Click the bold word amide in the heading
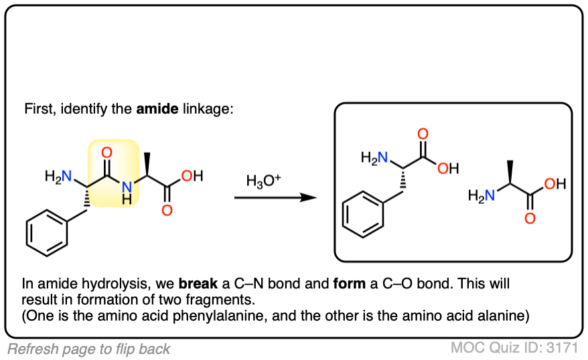coord(156,108)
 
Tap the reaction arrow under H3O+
coord(275,197)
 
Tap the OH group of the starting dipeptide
coord(192,177)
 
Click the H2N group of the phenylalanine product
coord(374,158)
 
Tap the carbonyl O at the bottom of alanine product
coord(531,218)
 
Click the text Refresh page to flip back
coord(88,349)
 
